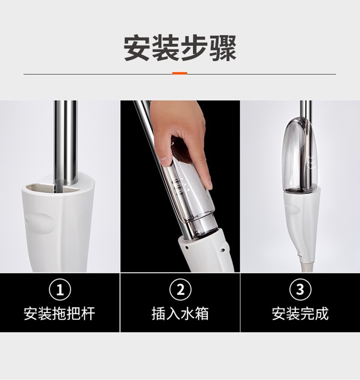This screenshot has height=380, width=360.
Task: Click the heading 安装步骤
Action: [180, 47]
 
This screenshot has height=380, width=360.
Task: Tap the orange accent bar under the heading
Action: [180, 73]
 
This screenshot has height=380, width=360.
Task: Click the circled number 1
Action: [60, 290]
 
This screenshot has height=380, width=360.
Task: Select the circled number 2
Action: [180, 290]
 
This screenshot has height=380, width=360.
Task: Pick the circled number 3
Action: [300, 290]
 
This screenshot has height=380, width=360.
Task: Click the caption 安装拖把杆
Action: [60, 313]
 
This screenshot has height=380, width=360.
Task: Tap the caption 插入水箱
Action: [180, 313]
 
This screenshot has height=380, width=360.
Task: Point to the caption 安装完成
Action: [300, 313]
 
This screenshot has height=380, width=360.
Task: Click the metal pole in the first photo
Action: [65, 137]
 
